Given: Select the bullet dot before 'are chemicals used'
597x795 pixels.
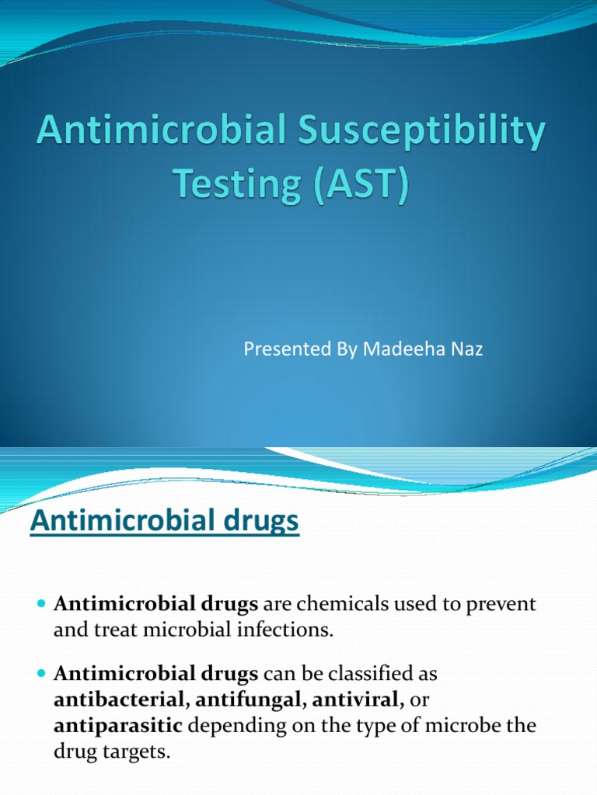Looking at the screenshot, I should click(41, 604).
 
